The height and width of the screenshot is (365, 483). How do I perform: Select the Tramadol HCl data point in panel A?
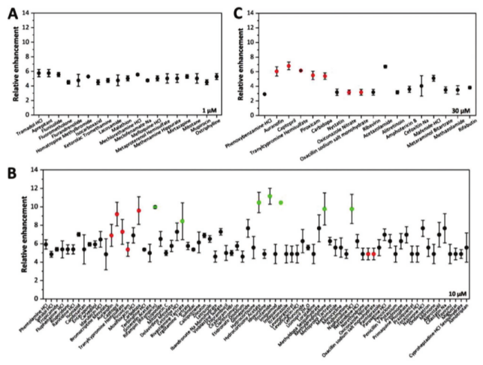(38, 72)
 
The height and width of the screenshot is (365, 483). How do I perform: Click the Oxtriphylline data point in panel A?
(216, 76)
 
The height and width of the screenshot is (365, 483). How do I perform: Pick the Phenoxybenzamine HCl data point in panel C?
(264, 94)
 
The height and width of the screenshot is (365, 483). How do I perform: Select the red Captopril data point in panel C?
(288, 66)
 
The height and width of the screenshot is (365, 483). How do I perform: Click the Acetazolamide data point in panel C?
(385, 67)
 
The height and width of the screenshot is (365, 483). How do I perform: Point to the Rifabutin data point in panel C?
(469, 87)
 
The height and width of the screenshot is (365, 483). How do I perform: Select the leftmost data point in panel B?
(46, 244)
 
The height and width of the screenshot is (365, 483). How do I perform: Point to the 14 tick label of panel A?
(25, 14)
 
